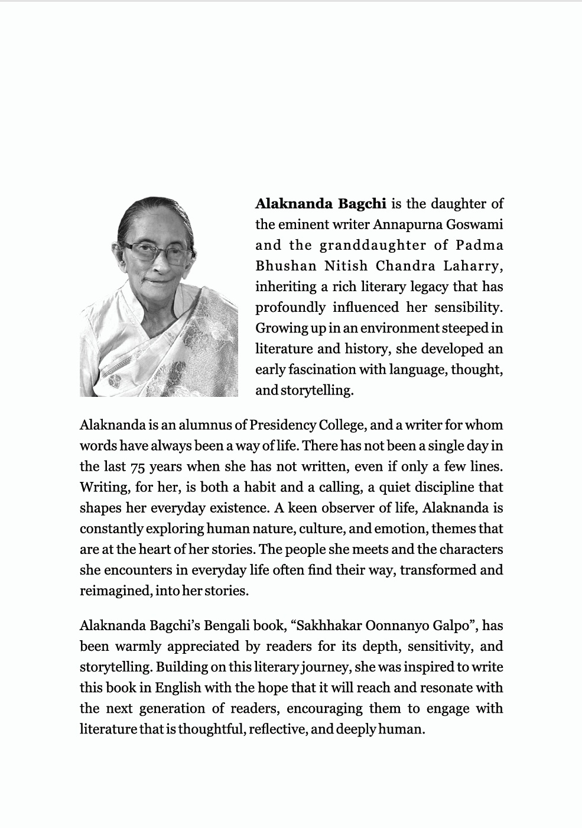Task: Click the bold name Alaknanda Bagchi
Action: (x=320, y=204)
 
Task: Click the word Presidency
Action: (x=282, y=425)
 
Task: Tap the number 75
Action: (x=137, y=467)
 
